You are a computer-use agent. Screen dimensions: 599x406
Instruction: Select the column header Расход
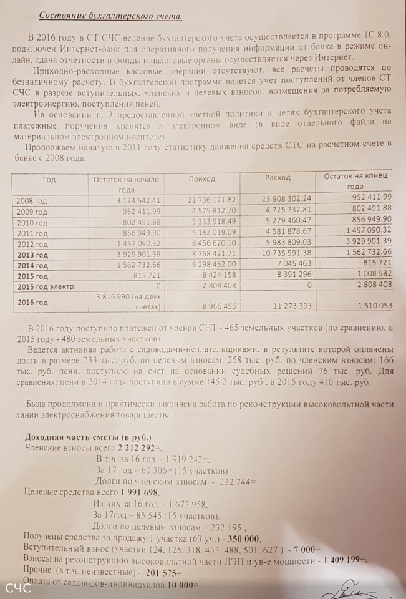coord(278,178)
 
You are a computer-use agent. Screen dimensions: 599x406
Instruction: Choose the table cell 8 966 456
coord(217,306)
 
